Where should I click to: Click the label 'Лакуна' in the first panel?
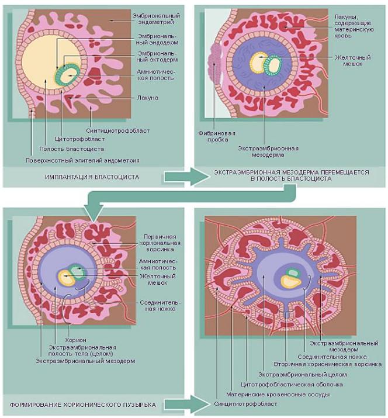148,98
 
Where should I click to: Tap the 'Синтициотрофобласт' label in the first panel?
118,130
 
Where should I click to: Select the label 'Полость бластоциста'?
72,148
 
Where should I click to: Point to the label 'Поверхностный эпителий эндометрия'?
82,161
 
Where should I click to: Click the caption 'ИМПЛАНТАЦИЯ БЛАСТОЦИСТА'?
92,177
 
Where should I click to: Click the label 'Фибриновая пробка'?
217,136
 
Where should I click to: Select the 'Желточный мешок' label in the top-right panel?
352,61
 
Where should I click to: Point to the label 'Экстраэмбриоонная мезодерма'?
268,151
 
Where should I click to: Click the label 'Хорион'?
76,340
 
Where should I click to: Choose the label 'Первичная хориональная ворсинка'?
160,243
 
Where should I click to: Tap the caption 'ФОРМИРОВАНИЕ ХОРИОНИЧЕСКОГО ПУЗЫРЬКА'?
83,405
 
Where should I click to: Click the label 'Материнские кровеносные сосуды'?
278,394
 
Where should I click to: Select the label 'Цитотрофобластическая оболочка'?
292,385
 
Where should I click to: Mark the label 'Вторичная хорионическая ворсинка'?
328,364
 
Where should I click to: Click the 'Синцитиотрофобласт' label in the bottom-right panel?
245,404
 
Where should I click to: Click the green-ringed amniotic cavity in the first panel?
68,75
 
